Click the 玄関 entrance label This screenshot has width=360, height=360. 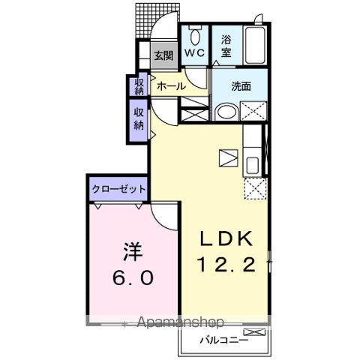tap(163, 55)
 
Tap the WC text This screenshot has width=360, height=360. tap(196, 53)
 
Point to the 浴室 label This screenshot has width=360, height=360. tap(226, 47)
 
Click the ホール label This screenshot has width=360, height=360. tap(171, 86)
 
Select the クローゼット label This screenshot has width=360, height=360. tap(118, 189)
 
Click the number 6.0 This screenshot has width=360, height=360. tap(134, 277)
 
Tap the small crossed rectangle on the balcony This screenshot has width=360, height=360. tap(254, 331)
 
